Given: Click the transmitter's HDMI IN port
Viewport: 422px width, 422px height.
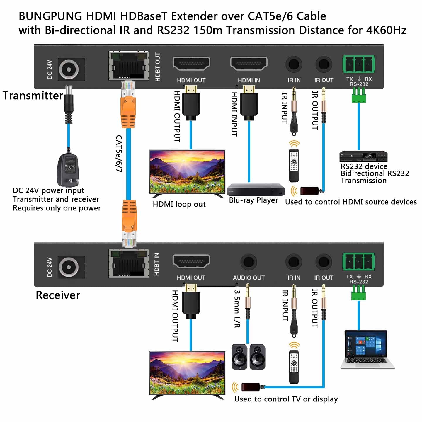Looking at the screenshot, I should [x=249, y=64].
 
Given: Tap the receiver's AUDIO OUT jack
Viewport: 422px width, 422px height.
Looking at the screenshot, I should [x=249, y=262].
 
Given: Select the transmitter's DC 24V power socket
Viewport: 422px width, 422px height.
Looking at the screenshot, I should [x=69, y=69].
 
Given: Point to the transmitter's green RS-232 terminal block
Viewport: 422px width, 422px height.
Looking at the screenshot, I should [x=359, y=64].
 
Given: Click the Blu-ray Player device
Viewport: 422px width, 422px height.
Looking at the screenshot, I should [x=256, y=190].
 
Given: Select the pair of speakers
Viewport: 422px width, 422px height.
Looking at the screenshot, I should [x=249, y=357].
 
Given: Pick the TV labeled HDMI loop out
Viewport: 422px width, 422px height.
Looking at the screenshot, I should [x=187, y=172].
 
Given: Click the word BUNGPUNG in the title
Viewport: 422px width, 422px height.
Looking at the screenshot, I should [x=50, y=16].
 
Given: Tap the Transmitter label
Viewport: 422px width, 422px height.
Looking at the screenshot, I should [x=33, y=96].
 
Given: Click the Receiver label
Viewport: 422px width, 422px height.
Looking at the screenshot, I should [x=58, y=295].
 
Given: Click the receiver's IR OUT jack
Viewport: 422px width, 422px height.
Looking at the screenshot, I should [x=324, y=262].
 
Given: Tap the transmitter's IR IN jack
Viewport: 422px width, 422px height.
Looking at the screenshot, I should [x=294, y=64].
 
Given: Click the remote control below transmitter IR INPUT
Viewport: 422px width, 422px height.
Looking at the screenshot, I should [x=294, y=165].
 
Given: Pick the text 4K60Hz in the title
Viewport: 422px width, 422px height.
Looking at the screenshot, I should [x=386, y=30].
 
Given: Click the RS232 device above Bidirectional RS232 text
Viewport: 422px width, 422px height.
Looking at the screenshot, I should [x=363, y=156].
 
